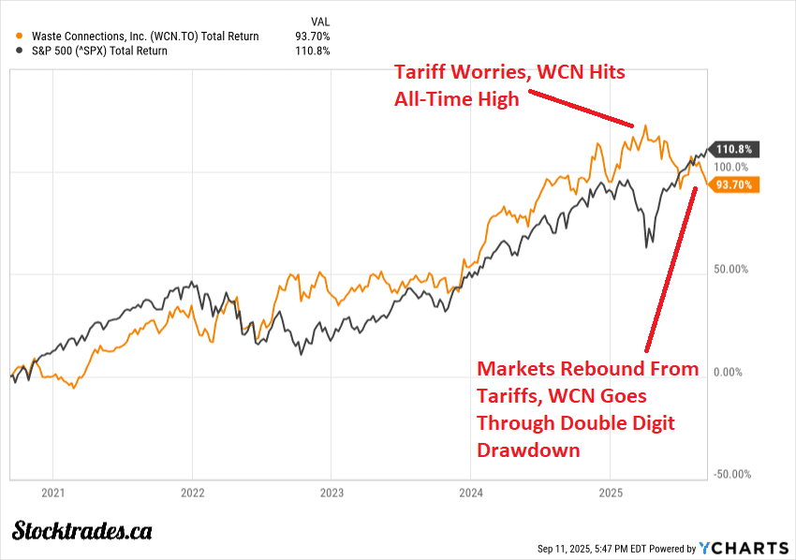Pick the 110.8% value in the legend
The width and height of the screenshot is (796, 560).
point(313,51)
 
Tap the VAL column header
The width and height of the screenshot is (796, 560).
point(319,21)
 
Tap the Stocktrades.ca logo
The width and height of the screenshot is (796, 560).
point(82,530)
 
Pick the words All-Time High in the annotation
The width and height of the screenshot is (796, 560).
point(455,99)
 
